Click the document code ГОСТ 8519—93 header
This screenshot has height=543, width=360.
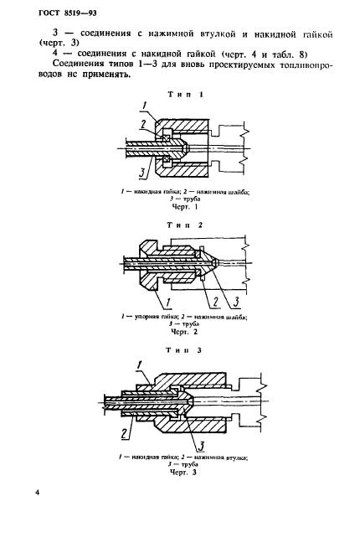(67, 13)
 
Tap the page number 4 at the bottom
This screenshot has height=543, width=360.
(38, 493)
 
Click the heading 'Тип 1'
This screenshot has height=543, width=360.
(185, 94)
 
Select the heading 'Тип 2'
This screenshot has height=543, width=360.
(185, 225)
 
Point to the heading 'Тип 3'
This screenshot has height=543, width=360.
(184, 350)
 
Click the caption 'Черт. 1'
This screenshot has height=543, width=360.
(185, 207)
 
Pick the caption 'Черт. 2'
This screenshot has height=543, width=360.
(184, 332)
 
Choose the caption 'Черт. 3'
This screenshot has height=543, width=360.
(183, 472)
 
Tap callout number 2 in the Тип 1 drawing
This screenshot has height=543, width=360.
(142, 125)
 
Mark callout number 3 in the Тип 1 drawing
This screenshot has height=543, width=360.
(141, 173)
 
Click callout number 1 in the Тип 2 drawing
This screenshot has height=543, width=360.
(168, 303)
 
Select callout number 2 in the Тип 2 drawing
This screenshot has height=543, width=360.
(215, 302)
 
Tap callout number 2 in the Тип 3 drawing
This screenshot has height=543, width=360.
(125, 433)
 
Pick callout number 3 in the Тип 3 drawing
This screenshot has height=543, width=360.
(200, 446)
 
